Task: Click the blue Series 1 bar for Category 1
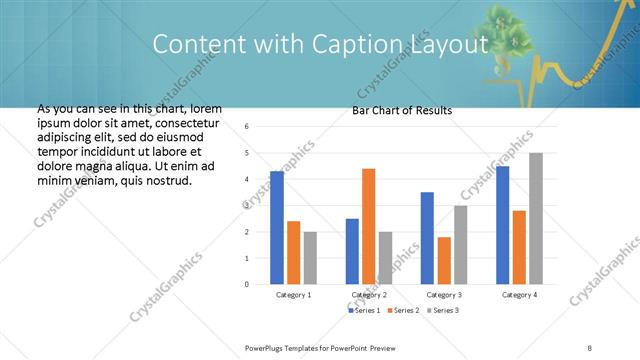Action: [x=277, y=228]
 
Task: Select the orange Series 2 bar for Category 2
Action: [x=368, y=226]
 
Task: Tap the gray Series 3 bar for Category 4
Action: [x=536, y=218]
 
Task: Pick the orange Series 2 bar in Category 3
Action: [x=443, y=260]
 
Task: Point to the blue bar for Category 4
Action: [x=502, y=225]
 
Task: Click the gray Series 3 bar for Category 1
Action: [x=310, y=258]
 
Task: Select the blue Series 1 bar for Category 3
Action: [x=427, y=238]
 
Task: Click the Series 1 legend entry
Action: [x=365, y=311]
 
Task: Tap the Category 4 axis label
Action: [x=519, y=296]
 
